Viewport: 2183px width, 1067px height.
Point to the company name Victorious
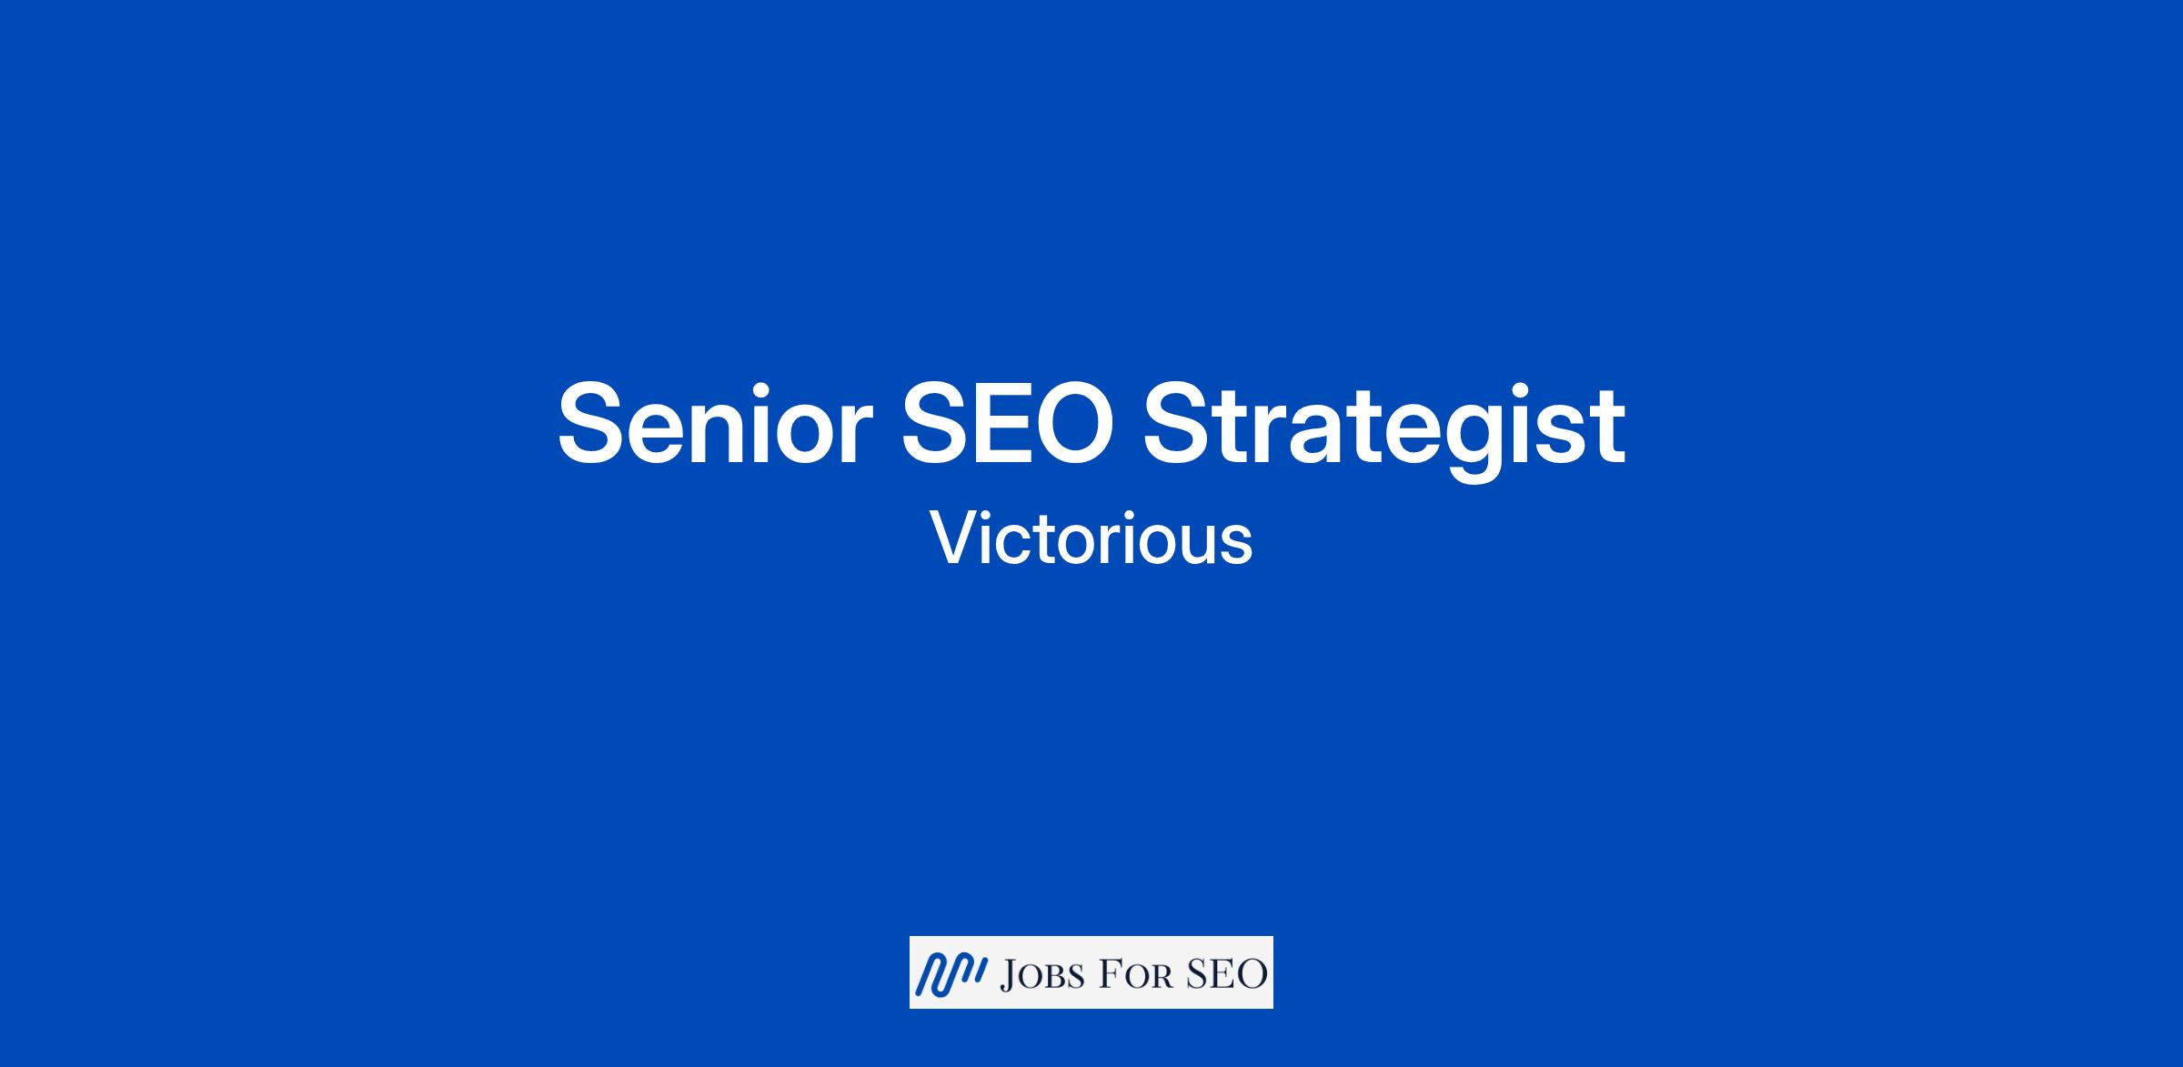1091,539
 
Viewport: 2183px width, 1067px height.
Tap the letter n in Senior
724,433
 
